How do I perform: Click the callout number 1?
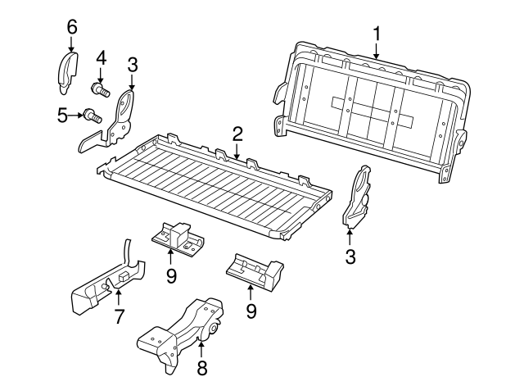point(377,34)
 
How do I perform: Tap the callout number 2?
point(237,134)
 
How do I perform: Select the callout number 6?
point(72,27)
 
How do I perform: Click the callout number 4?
point(101,58)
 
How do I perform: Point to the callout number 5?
point(62,116)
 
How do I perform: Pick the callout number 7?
point(119,316)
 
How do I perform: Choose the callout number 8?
point(202,368)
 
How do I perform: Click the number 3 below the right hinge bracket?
point(350,257)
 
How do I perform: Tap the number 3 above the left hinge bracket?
point(133,65)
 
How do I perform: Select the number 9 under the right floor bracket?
point(251,311)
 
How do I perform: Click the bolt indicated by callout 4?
point(100,89)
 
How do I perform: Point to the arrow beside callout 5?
point(75,116)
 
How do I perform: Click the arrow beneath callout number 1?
point(377,51)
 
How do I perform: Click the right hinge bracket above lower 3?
point(356,197)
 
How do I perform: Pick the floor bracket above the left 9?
point(178,238)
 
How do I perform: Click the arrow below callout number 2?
point(237,150)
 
